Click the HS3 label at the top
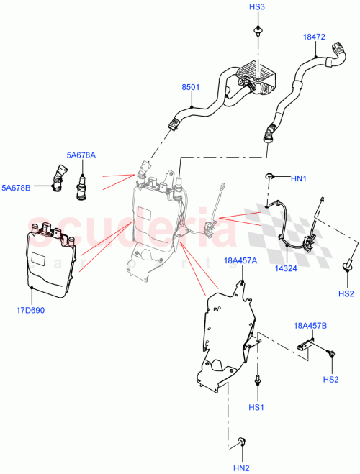(257, 6)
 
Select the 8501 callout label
(191, 89)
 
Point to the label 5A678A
(81, 154)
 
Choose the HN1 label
(299, 178)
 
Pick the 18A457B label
(310, 326)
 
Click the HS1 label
(257, 408)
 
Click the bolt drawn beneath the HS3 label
(257, 31)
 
